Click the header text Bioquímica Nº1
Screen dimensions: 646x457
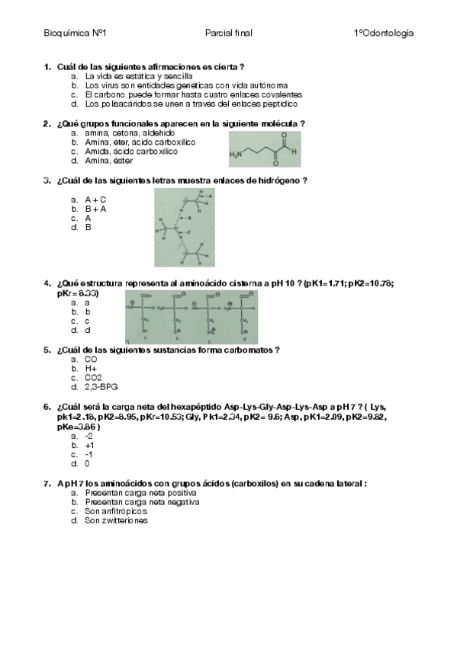75,34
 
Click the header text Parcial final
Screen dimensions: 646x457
228,34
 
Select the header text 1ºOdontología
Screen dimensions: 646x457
384,34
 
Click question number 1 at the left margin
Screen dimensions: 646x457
48,67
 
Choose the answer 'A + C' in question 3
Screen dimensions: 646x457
95,199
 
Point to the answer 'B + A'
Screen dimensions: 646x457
95,208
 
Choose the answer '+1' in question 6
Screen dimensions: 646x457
89,445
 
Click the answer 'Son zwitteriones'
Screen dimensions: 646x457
116,520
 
